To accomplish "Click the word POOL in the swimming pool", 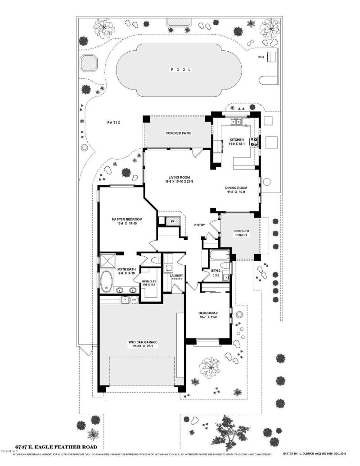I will (x=180, y=70).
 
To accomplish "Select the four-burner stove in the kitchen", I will (x=254, y=141).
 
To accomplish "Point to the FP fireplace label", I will (x=172, y=221).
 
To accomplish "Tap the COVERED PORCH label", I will (x=241, y=233).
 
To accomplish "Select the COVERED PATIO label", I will (x=179, y=134).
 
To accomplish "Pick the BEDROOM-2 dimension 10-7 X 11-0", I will (x=208, y=317).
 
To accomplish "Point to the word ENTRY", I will (x=200, y=225).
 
